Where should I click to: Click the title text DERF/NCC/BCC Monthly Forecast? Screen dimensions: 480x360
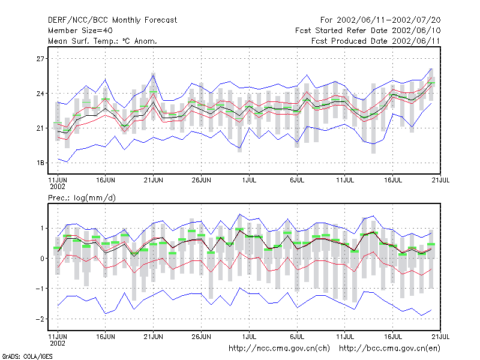112,20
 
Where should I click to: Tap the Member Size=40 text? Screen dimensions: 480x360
80,31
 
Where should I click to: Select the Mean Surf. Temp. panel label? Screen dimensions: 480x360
103,41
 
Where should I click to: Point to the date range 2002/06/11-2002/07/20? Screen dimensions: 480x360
388,20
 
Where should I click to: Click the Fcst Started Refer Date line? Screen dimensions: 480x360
368,31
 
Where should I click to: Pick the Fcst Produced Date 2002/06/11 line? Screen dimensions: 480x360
376,41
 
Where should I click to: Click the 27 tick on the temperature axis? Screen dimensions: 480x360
40,59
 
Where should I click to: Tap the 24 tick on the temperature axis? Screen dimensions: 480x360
40,94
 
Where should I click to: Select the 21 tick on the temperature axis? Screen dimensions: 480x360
40,128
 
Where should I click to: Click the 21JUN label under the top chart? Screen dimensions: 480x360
154,181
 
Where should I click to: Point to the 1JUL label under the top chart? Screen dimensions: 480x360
249,181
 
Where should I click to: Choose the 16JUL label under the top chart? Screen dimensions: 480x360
393,181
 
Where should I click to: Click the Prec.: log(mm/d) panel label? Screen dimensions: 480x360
82,198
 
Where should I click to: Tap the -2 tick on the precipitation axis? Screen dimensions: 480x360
40,319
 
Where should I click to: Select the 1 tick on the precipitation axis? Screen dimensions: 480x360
42,229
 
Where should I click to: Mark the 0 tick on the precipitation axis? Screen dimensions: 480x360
42,259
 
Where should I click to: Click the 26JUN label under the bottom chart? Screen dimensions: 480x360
201,337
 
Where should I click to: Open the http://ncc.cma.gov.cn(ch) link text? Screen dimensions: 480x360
279,349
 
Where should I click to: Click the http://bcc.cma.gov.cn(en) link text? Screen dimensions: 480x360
389,349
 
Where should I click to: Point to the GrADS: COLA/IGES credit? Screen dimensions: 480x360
27,356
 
